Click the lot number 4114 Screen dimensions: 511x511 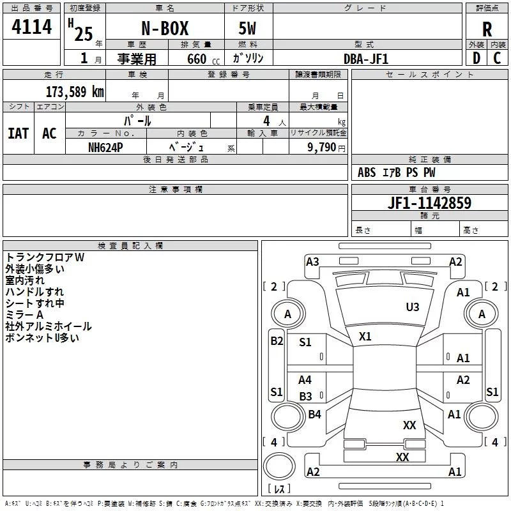[31, 27]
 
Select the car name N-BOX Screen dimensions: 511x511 [165, 28]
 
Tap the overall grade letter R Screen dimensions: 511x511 [487, 29]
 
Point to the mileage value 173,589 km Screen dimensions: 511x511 [75, 92]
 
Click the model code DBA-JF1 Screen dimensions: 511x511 [366, 59]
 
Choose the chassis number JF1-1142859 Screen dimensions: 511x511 [429, 202]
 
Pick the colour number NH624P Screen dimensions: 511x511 [105, 148]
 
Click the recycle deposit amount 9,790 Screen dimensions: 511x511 [322, 148]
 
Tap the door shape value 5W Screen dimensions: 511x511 [247, 28]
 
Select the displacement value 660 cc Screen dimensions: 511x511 [203, 59]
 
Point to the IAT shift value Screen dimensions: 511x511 [19, 133]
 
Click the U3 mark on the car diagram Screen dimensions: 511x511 [413, 307]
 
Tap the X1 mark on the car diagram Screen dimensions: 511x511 [365, 337]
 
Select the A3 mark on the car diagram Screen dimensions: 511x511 [312, 262]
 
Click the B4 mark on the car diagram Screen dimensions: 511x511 [314, 414]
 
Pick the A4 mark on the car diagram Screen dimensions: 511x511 [305, 379]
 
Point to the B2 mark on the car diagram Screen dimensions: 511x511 [277, 341]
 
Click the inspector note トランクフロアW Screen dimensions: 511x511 [45, 257]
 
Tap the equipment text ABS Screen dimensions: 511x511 [367, 172]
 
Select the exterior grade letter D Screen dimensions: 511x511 [477, 58]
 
